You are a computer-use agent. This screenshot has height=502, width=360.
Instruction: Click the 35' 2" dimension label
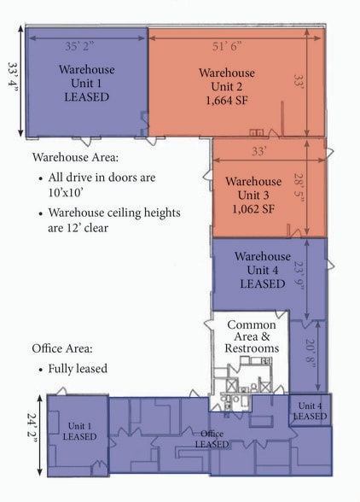(x=79, y=46)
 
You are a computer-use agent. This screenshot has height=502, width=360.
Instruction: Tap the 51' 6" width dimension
(x=227, y=46)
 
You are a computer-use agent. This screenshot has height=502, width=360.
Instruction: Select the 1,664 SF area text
(x=227, y=101)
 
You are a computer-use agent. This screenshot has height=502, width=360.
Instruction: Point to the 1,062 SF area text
(x=253, y=209)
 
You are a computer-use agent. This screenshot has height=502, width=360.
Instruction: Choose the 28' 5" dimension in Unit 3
(x=299, y=190)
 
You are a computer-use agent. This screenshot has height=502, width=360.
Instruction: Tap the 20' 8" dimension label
(x=310, y=354)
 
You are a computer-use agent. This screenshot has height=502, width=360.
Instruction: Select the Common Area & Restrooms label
(x=252, y=336)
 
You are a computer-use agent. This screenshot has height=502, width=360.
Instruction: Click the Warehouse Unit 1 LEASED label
(x=87, y=84)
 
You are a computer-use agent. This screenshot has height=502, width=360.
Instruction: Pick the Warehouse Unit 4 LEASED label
(x=263, y=270)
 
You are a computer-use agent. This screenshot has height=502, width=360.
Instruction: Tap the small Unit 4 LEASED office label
(x=310, y=412)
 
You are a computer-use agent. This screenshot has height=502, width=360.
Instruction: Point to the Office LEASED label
(x=212, y=439)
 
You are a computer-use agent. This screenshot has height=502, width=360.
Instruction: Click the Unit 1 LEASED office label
(x=79, y=431)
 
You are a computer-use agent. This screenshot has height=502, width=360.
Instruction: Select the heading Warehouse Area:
(x=76, y=157)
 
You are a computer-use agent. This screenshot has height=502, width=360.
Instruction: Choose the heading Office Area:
(x=62, y=348)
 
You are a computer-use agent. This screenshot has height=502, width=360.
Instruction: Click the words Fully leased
(x=78, y=369)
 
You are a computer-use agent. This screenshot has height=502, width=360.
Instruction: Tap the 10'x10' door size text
(x=66, y=192)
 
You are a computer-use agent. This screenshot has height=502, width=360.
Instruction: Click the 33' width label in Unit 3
(x=258, y=151)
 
